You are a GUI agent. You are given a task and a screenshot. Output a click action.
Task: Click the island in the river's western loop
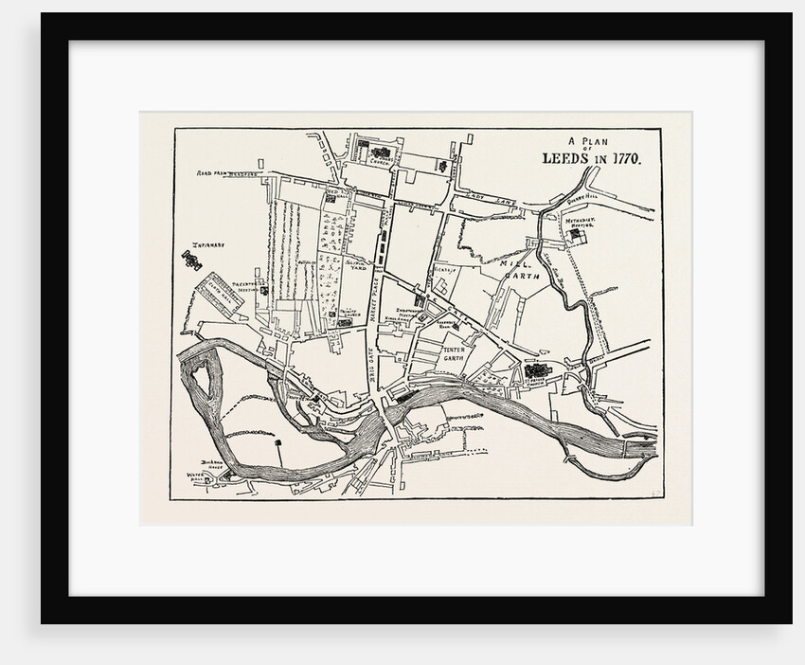click(201, 382)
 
